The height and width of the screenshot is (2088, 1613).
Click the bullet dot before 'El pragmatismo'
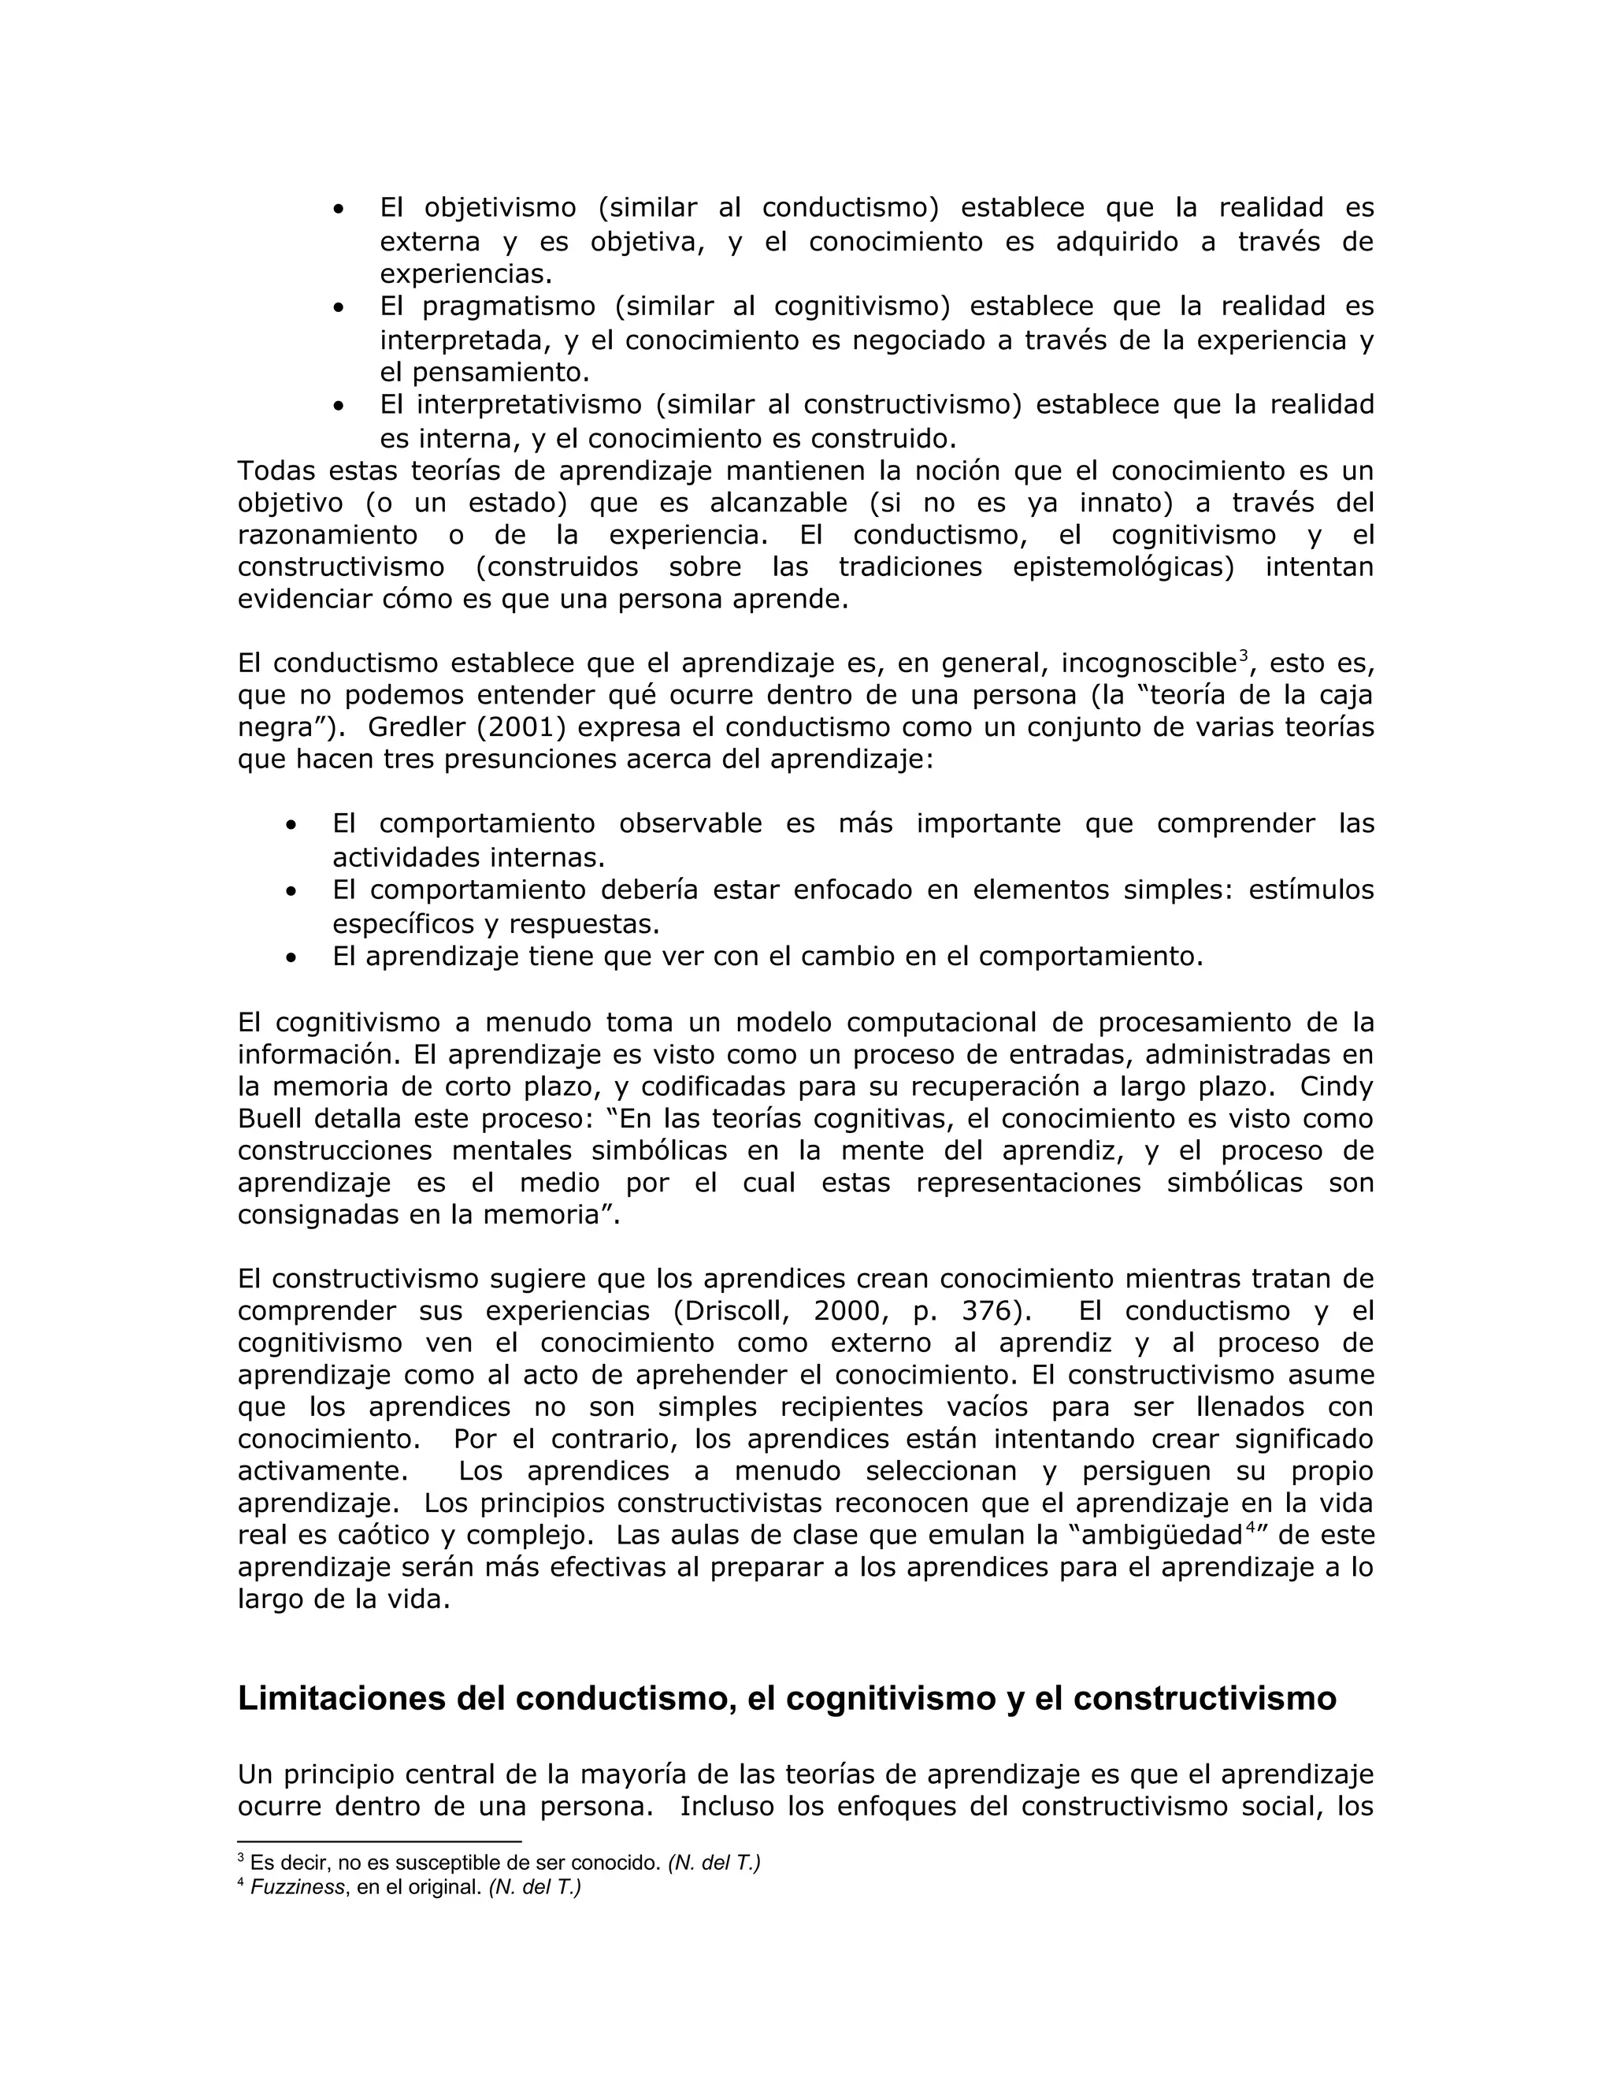(338, 308)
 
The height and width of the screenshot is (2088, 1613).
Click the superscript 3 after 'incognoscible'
(1243, 655)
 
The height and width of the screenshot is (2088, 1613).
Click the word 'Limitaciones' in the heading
(369, 1699)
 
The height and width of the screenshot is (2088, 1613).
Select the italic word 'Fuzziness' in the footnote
(297, 1887)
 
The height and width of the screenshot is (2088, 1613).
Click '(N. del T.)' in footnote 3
(714, 1863)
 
